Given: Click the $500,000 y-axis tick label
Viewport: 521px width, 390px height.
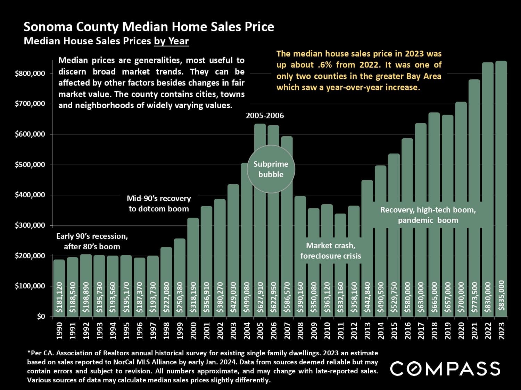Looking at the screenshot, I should (x=30, y=165).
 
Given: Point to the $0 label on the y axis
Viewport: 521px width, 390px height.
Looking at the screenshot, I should (x=41, y=317).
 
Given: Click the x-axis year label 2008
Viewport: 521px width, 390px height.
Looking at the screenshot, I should (x=300, y=331).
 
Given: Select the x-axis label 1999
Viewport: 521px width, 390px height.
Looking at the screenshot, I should (x=180, y=331).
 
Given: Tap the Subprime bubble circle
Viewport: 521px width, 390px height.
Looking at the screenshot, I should (x=271, y=169).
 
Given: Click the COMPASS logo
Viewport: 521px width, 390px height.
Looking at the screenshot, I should (x=445, y=369).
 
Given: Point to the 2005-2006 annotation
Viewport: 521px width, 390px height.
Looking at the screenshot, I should (x=265, y=116).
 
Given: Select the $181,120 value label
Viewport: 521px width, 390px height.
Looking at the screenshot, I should (x=59, y=297).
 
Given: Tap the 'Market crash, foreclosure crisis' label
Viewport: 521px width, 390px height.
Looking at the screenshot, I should (x=331, y=251).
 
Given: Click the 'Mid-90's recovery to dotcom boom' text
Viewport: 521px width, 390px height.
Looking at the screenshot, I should (x=159, y=203).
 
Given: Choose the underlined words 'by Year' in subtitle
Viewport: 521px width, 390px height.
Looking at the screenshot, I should (x=171, y=41).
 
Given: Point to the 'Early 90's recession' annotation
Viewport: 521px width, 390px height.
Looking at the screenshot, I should (x=92, y=241).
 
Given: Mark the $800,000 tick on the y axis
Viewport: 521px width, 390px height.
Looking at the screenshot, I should (x=30, y=73).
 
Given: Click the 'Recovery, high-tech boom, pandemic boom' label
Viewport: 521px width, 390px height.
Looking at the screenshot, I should (x=428, y=215).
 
